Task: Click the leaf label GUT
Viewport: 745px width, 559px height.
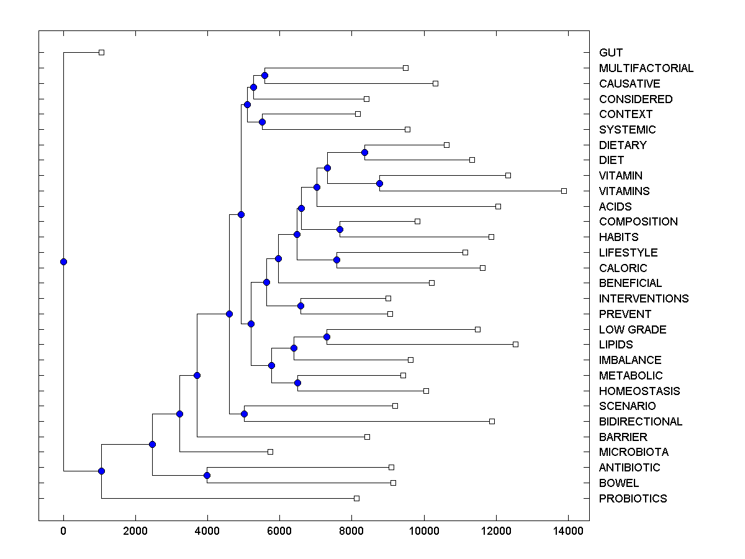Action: pyautogui.click(x=611, y=53)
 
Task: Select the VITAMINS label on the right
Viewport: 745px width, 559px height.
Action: pyautogui.click(x=625, y=191)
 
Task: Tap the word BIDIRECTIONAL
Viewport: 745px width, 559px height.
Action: pyautogui.click(x=641, y=422)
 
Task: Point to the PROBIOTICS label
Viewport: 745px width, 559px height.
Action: pyautogui.click(x=633, y=499)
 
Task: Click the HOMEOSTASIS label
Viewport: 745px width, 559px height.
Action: pyautogui.click(x=639, y=391)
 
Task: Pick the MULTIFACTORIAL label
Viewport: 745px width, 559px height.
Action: pyautogui.click(x=646, y=68)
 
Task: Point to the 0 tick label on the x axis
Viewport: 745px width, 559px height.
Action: pyautogui.click(x=63, y=531)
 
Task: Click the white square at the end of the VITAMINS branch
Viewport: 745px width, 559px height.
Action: pyautogui.click(x=564, y=191)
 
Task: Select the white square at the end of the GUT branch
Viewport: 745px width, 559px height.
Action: pyautogui.click(x=102, y=52)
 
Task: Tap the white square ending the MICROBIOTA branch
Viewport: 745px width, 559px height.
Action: pyautogui.click(x=270, y=452)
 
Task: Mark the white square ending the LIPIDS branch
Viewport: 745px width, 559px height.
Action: pyautogui.click(x=515, y=344)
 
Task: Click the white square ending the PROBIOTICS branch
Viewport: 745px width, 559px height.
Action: pyautogui.click(x=356, y=498)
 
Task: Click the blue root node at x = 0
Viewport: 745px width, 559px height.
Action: pyautogui.click(x=63, y=261)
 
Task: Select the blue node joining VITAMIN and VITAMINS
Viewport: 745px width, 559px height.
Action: pyautogui.click(x=379, y=183)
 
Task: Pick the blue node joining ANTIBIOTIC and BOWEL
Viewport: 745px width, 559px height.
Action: pyautogui.click(x=207, y=475)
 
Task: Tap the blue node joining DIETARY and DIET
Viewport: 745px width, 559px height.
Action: pyautogui.click(x=364, y=152)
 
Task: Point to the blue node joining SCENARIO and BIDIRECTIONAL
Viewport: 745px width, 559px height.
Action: pyautogui.click(x=244, y=414)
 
